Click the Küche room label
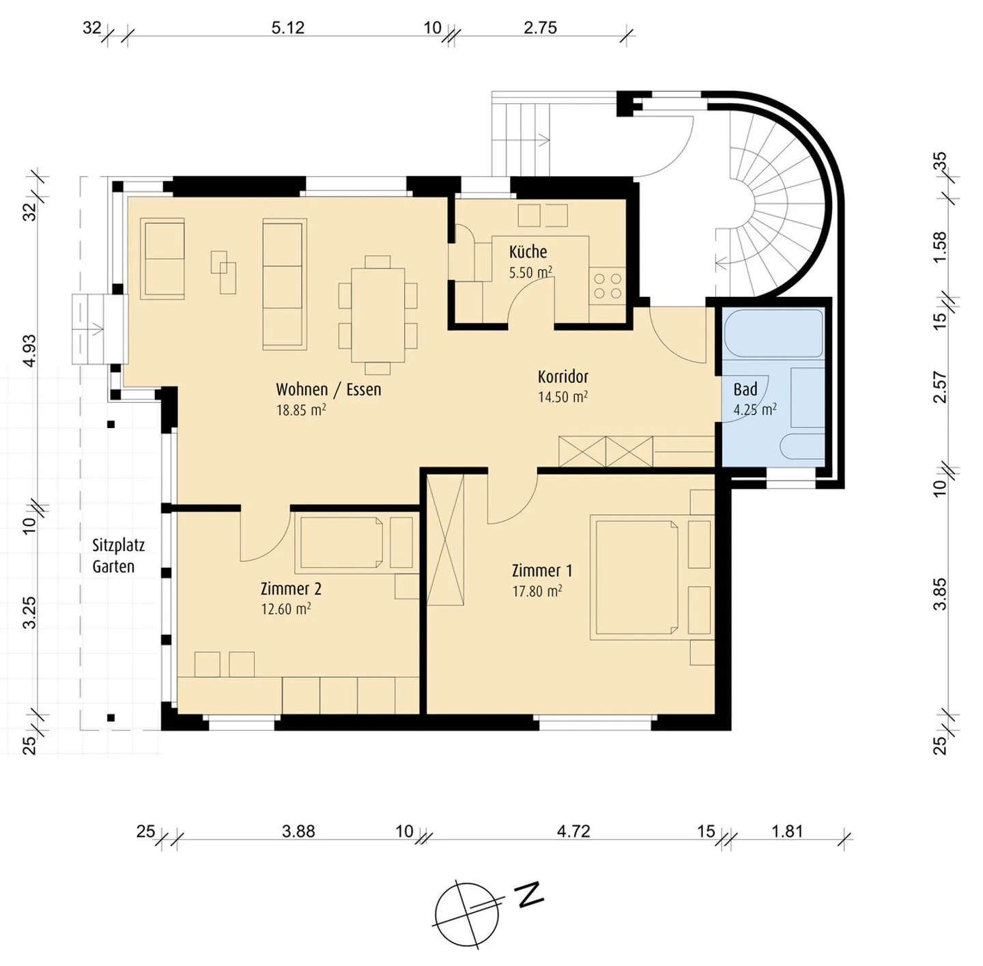[528, 252]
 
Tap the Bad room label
[745, 389]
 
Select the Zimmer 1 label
[542, 570]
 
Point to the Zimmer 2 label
[291, 588]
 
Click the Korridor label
[562, 377]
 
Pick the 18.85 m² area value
[301, 409]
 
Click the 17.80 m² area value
[537, 591]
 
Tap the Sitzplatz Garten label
[118, 556]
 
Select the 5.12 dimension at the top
[287, 27]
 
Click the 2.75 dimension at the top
[540, 27]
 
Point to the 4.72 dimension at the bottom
[573, 832]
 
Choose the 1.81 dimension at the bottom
[787, 832]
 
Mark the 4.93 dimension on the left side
[31, 350]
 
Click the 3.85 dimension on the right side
[939, 593]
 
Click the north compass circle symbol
[467, 915]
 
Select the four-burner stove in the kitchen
[608, 286]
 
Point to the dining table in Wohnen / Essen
[378, 315]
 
